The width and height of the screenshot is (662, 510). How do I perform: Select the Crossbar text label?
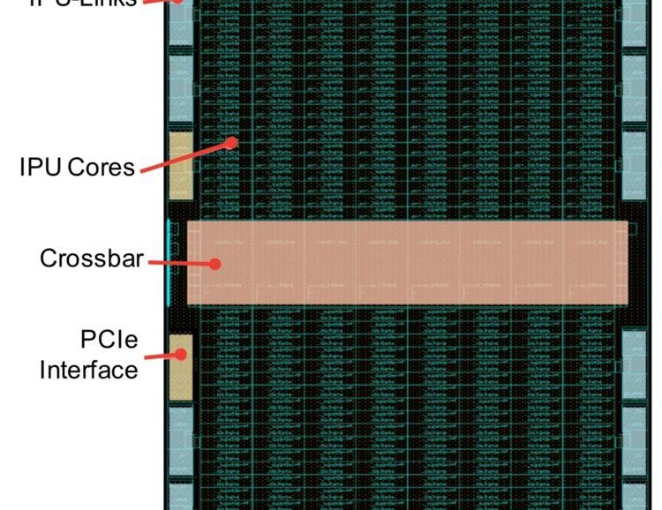[x=91, y=259]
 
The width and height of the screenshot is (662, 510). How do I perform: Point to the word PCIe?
[x=109, y=340]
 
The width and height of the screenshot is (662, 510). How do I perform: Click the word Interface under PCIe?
[x=88, y=368]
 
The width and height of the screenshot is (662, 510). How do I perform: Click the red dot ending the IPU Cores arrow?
[x=233, y=141]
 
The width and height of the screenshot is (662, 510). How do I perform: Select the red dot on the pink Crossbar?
[x=214, y=262]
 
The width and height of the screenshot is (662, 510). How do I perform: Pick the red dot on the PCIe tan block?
[x=182, y=354]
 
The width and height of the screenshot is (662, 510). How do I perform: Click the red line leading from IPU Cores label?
[x=185, y=155]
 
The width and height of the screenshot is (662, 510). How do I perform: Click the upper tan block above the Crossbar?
[x=180, y=165]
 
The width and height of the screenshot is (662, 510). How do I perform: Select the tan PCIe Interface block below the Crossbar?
[x=180, y=364]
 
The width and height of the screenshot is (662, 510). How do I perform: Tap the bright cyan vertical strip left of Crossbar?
[x=168, y=260]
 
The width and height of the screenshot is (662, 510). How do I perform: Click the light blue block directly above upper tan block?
[x=180, y=89]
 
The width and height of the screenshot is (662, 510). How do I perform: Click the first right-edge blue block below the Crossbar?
[x=634, y=363]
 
